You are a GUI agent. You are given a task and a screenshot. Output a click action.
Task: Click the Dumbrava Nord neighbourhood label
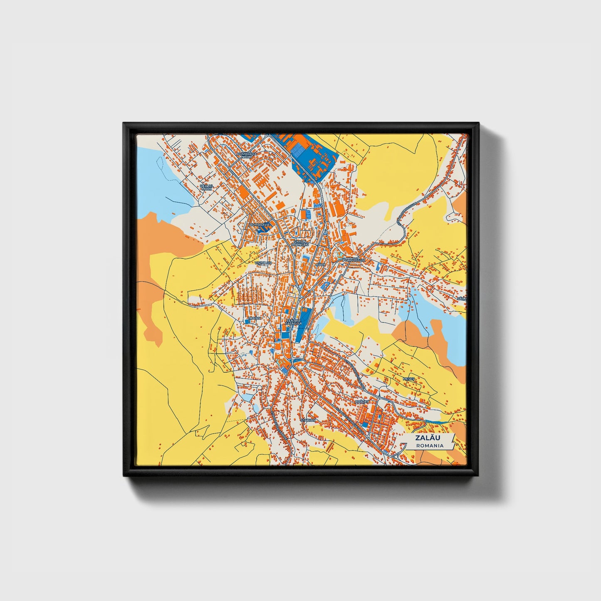click(x=247, y=155)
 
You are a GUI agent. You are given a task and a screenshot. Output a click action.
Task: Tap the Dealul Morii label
click(x=206, y=188)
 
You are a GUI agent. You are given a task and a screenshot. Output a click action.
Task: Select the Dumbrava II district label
click(x=260, y=226)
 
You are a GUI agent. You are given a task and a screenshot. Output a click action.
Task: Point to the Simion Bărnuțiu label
click(x=299, y=243)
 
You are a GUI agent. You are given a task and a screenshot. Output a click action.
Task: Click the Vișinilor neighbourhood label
click(x=263, y=263)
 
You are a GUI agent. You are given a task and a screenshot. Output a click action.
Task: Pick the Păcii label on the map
click(x=320, y=264)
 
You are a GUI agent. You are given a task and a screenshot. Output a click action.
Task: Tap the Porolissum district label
click(x=354, y=260)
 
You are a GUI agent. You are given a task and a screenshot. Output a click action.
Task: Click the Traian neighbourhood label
click(x=254, y=318)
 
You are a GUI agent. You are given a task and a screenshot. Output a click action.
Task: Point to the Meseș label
click(x=409, y=379)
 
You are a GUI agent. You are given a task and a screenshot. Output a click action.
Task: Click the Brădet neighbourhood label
click(x=362, y=403)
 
